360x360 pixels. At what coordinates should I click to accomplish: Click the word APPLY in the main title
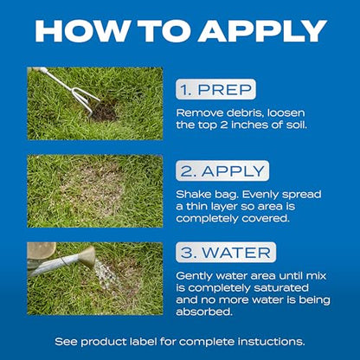(x=262, y=31)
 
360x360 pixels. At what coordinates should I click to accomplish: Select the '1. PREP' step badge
(x=215, y=89)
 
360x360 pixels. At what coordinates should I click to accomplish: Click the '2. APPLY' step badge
(x=222, y=171)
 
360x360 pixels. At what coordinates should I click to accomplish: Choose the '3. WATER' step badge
(x=226, y=253)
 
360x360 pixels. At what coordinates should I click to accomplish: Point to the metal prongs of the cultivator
(x=86, y=100)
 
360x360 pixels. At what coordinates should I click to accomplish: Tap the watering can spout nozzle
(x=88, y=253)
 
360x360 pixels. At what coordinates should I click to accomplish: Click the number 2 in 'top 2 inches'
(x=223, y=125)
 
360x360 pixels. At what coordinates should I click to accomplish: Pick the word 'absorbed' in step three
(x=204, y=312)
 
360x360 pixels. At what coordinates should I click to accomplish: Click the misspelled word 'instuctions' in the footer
(x=271, y=342)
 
